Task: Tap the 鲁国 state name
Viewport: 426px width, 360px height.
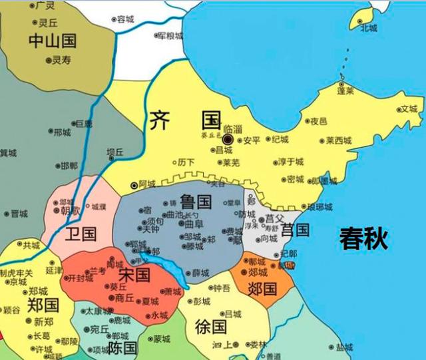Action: pos(195,201)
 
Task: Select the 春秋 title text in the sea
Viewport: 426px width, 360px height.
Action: pos(363,238)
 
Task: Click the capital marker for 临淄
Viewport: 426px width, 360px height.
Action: pos(228,140)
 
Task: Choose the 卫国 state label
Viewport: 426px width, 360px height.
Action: pos(81,234)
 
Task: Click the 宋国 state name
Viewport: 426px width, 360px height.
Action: pos(134,274)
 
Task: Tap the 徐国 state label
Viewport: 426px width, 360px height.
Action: pos(211,327)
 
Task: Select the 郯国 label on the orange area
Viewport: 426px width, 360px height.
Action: pos(262,288)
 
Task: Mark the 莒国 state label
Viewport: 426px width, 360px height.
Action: pos(294,231)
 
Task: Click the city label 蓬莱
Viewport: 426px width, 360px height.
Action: pos(345,91)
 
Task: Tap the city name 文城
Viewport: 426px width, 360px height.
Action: pos(408,109)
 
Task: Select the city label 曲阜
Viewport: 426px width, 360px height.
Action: pos(194,225)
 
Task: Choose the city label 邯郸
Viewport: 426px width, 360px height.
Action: pos(69,166)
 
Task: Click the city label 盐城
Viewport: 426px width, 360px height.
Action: pos(344,347)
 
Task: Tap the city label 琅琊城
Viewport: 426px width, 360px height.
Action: pos(321,207)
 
